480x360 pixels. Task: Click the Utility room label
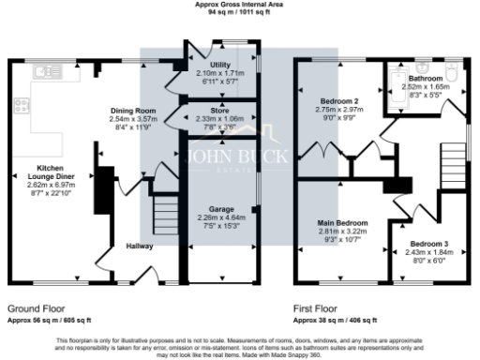click(x=221, y=65)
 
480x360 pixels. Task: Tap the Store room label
click(x=219, y=111)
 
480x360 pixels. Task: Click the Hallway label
click(x=140, y=246)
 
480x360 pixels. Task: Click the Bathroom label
click(x=425, y=77)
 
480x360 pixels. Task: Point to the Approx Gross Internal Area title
click(x=239, y=5)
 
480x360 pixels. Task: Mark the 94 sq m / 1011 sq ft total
click(x=239, y=13)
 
